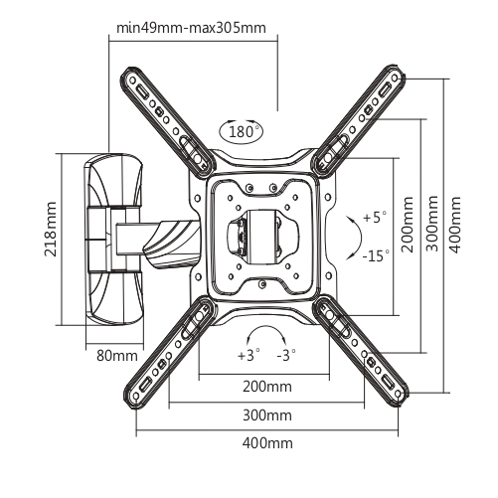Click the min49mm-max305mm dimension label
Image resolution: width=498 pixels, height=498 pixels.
(191, 28)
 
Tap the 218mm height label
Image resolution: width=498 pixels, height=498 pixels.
(51, 229)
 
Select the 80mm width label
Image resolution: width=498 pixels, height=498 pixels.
(117, 356)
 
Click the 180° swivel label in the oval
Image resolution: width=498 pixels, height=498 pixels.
(242, 131)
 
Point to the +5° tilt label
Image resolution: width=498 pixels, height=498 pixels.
(375, 218)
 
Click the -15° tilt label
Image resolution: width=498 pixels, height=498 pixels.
(376, 255)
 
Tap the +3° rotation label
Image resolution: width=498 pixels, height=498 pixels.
(249, 355)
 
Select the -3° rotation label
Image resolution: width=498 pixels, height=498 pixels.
(286, 355)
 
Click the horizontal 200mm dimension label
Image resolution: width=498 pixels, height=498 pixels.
(267, 387)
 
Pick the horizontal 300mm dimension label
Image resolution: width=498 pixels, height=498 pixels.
(267, 415)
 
